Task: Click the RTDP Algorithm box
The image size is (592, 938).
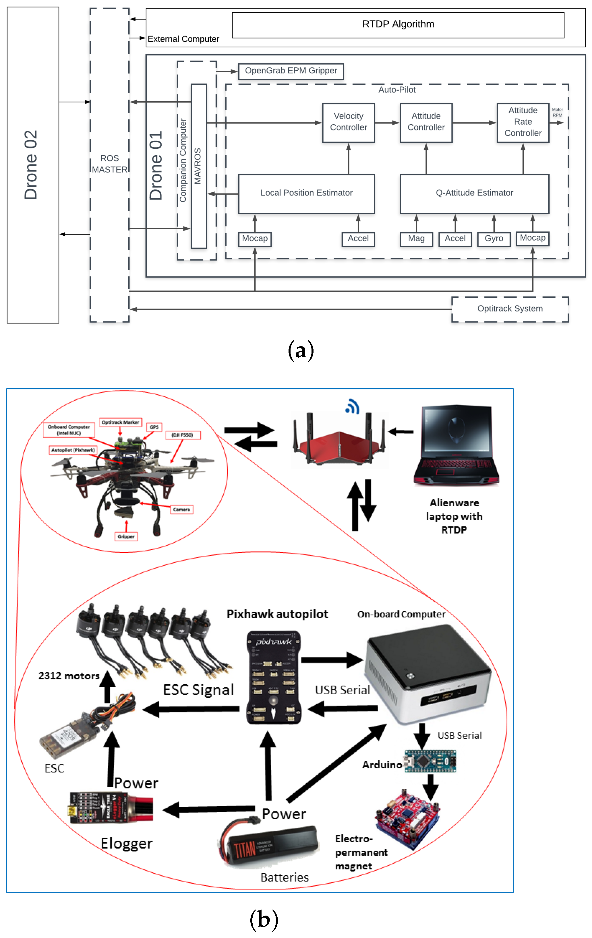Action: click(x=398, y=25)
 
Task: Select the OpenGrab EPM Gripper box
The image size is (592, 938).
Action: click(x=291, y=71)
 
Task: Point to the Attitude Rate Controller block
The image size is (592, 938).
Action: click(x=522, y=122)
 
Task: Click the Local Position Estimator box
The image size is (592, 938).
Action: click(x=306, y=193)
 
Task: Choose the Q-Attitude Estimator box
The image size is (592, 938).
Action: click(x=474, y=193)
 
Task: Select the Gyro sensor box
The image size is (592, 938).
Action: click(x=494, y=239)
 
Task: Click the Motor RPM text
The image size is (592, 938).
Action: click(x=557, y=113)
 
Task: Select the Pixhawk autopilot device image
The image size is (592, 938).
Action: click(x=274, y=678)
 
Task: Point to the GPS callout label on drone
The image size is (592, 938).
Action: click(x=154, y=427)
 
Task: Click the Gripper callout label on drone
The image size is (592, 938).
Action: click(x=126, y=536)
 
